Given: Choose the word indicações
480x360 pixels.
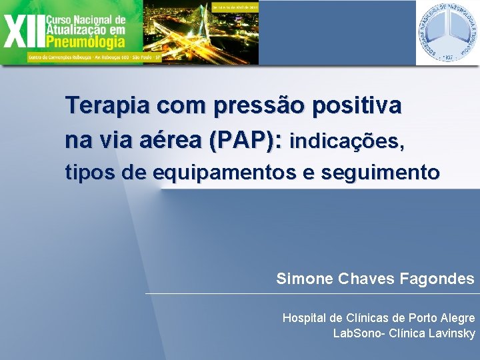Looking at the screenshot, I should (347, 141).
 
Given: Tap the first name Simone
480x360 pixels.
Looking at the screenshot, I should (305, 279).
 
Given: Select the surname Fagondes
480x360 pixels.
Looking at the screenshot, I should (438, 279).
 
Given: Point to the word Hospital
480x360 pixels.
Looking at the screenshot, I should (305, 317).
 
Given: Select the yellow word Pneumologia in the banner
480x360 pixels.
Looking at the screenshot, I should (85, 42).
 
